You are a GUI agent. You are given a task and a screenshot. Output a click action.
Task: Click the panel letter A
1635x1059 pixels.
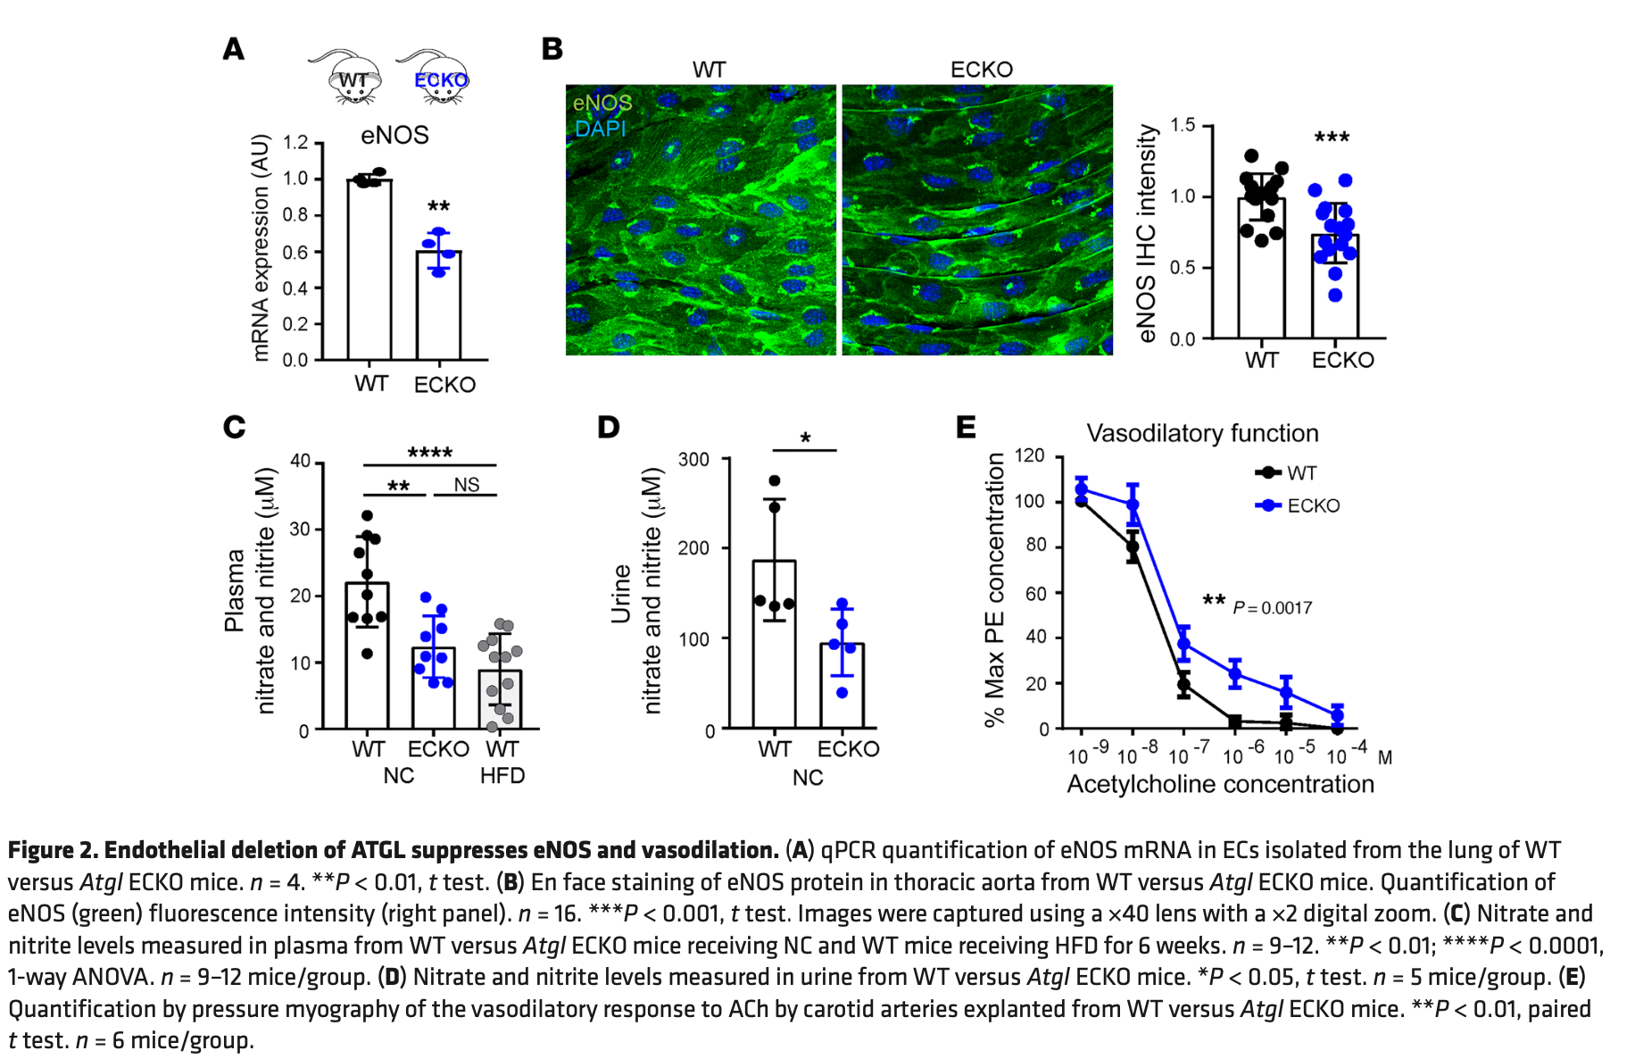pyautogui.click(x=234, y=49)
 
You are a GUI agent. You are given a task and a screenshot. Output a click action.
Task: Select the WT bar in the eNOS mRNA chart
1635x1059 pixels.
pyautogui.click(x=369, y=268)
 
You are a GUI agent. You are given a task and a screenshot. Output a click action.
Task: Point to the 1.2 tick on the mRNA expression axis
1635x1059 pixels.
pyautogui.click(x=295, y=143)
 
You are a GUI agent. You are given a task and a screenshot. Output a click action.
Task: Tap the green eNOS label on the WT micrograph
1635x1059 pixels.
pyautogui.click(x=602, y=103)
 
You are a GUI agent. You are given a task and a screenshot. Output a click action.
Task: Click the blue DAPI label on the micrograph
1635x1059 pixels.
pyautogui.click(x=600, y=129)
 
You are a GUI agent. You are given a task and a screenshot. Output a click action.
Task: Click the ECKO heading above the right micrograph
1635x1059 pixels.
pyautogui.click(x=981, y=70)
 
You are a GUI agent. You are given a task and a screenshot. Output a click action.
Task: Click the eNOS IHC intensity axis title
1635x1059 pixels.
pyautogui.click(x=1147, y=233)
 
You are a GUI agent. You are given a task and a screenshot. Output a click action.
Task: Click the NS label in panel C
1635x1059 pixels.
pyautogui.click(x=466, y=485)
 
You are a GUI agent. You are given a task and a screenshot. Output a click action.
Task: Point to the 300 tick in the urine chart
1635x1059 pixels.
pyautogui.click(x=693, y=460)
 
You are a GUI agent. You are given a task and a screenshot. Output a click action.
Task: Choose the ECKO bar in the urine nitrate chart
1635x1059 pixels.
pyautogui.click(x=842, y=685)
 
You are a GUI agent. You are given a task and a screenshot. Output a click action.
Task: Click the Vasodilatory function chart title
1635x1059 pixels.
pyautogui.click(x=1201, y=434)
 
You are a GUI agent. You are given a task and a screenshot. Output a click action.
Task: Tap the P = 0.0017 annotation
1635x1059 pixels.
pyautogui.click(x=1272, y=608)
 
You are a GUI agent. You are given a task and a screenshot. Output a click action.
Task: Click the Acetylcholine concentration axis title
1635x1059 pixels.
pyautogui.click(x=1220, y=784)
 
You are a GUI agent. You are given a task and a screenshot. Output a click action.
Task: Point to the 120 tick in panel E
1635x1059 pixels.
pyautogui.click(x=1029, y=455)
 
